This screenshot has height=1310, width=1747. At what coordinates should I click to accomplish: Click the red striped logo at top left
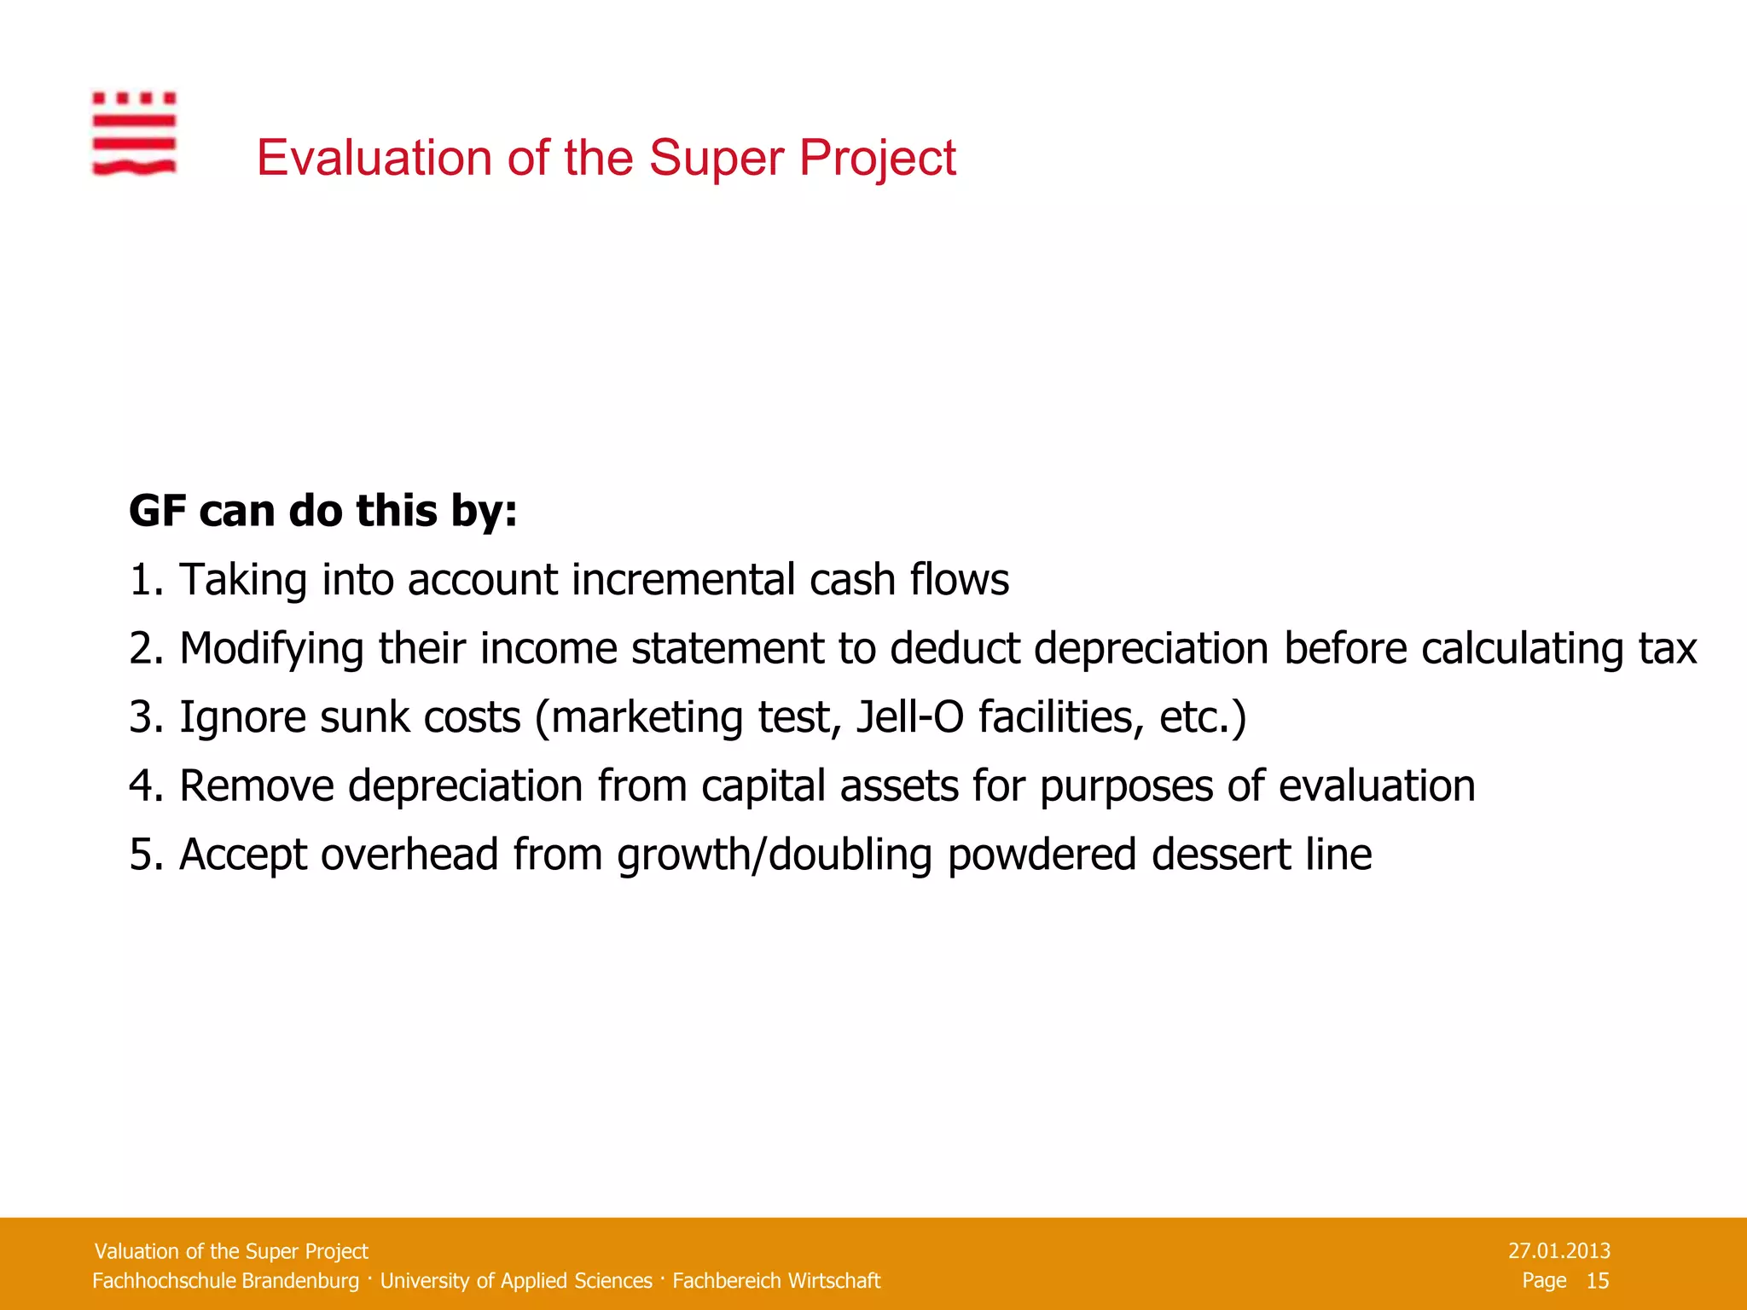coord(134,134)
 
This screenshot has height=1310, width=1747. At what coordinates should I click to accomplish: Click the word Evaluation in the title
coord(374,159)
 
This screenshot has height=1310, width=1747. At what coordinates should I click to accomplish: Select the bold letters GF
coord(157,512)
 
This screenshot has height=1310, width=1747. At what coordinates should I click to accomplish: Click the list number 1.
coord(141,581)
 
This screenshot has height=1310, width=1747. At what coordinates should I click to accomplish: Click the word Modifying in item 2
coord(271,649)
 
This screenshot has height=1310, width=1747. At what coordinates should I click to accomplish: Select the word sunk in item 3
coord(364,717)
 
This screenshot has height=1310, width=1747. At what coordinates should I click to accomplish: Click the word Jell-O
coord(909,717)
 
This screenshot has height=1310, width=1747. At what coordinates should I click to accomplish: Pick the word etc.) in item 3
coord(1202,717)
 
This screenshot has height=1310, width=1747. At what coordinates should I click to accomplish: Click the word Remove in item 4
coord(256,786)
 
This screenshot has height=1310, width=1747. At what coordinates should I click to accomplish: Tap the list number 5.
coord(141,855)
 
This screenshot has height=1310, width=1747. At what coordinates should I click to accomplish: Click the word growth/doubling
coord(774,855)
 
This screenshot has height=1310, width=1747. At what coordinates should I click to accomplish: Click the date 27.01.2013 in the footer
coord(1558,1251)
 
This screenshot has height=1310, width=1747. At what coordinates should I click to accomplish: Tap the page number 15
coord(1597,1281)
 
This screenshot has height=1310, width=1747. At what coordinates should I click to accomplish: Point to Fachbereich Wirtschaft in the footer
coord(776,1281)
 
